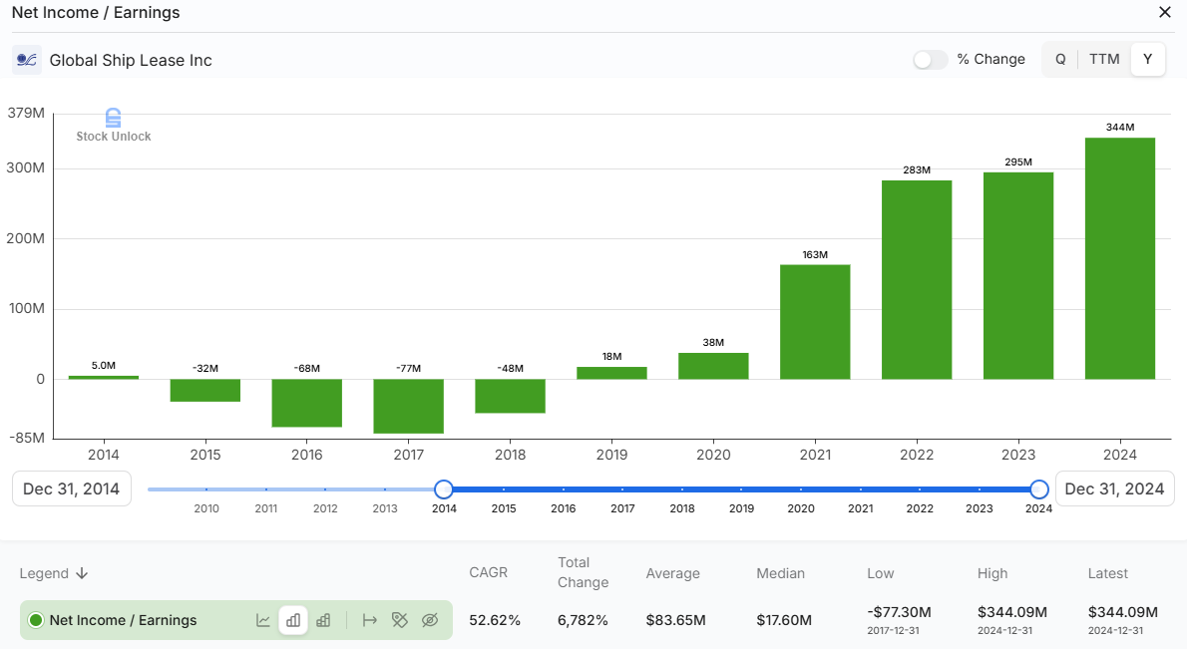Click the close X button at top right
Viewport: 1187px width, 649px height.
1164,13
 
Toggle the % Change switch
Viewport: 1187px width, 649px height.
930,60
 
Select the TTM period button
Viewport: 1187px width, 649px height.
1104,60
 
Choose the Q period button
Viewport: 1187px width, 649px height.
1060,60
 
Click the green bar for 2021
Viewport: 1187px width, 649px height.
815,322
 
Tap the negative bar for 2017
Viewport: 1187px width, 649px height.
408,406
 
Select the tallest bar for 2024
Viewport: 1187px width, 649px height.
1119,258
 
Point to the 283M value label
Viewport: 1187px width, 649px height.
916,170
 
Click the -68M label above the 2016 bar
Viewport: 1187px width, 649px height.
306,369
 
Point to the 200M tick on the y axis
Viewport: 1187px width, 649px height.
26,239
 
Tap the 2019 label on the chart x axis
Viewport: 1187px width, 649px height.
611,455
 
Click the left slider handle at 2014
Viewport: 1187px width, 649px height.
444,489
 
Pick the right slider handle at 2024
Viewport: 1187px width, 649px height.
1039,489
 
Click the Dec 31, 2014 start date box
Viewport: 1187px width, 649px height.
72,489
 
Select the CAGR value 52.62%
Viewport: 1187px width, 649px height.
495,620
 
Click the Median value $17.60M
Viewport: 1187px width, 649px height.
784,620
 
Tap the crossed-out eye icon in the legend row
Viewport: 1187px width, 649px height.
430,620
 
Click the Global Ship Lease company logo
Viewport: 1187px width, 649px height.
27,60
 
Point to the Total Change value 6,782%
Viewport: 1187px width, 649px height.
584,620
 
